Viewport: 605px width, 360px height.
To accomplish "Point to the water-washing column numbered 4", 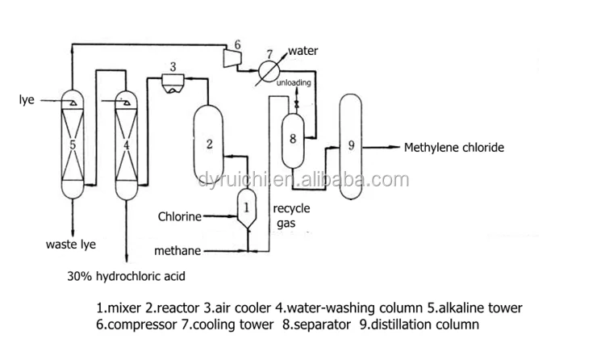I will (127, 144).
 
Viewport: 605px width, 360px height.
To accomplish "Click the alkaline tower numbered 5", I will (73, 144).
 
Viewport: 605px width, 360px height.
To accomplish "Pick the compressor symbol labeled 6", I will (233, 55).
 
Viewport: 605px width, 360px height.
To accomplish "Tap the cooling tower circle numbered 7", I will (271, 69).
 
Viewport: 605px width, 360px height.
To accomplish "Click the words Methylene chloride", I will (453, 148).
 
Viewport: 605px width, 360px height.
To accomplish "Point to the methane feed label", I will (177, 251).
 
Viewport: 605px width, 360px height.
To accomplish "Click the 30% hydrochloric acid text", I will (127, 276).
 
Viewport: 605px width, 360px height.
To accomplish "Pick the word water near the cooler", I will (302, 52).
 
